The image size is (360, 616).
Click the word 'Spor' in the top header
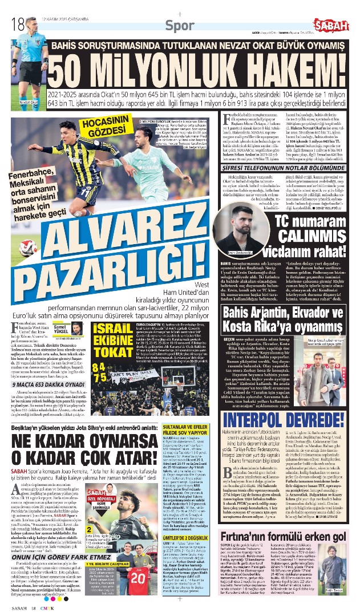pyautogui.click(x=177, y=25)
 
